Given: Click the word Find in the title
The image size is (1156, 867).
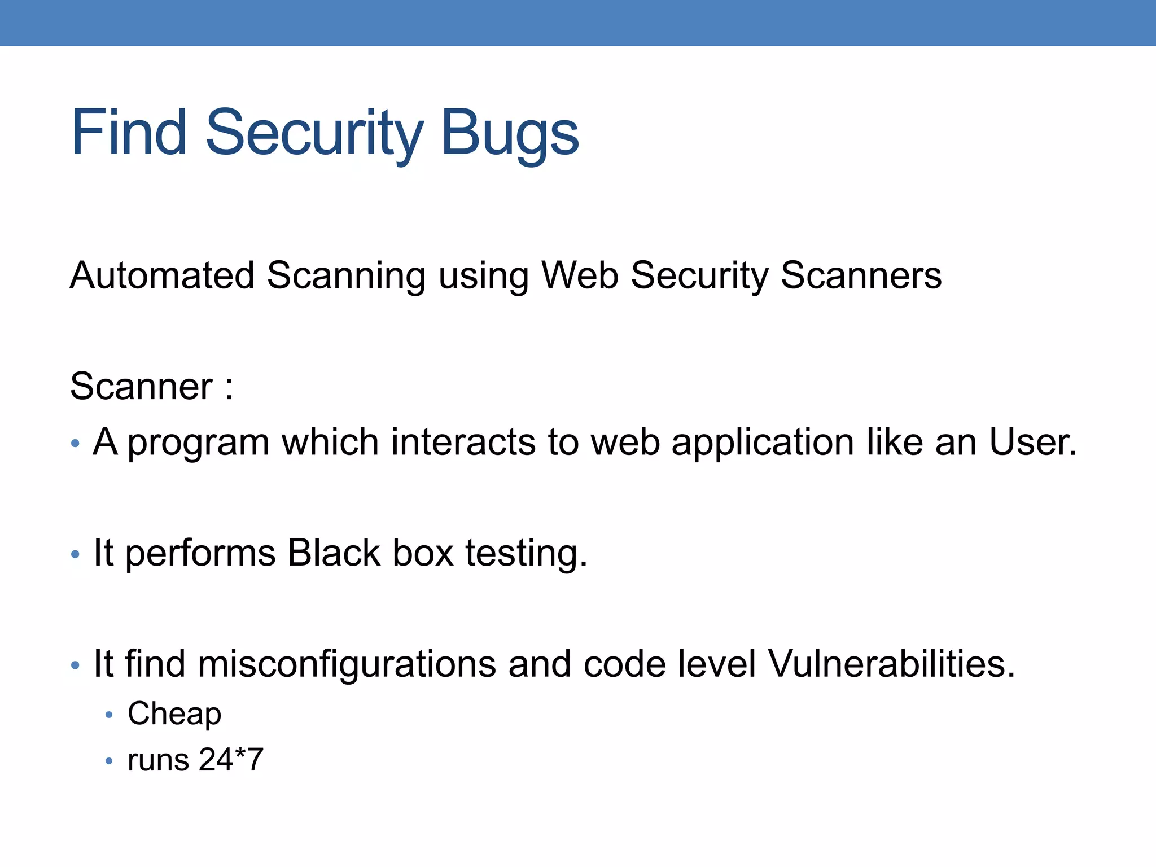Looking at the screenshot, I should pos(129,133).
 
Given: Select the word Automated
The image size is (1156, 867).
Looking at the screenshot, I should pos(162,276).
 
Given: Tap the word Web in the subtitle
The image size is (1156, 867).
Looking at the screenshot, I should pos(580,276).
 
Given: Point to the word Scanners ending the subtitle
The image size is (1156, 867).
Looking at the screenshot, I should pos(861,276).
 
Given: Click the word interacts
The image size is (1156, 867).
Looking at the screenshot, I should pos(463,441).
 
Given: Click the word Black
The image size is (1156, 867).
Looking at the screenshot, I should pos(334,553).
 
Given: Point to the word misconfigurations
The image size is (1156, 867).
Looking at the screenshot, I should pos(347,664).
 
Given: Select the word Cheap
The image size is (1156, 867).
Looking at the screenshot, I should pos(174,715).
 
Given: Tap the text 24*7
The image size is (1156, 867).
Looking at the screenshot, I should pos(231,760).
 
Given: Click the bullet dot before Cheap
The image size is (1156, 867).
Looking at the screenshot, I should pos(110,715).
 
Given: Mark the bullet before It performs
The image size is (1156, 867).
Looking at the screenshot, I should pos(76,554).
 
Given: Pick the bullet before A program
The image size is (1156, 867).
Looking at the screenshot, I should pos(76,443).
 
